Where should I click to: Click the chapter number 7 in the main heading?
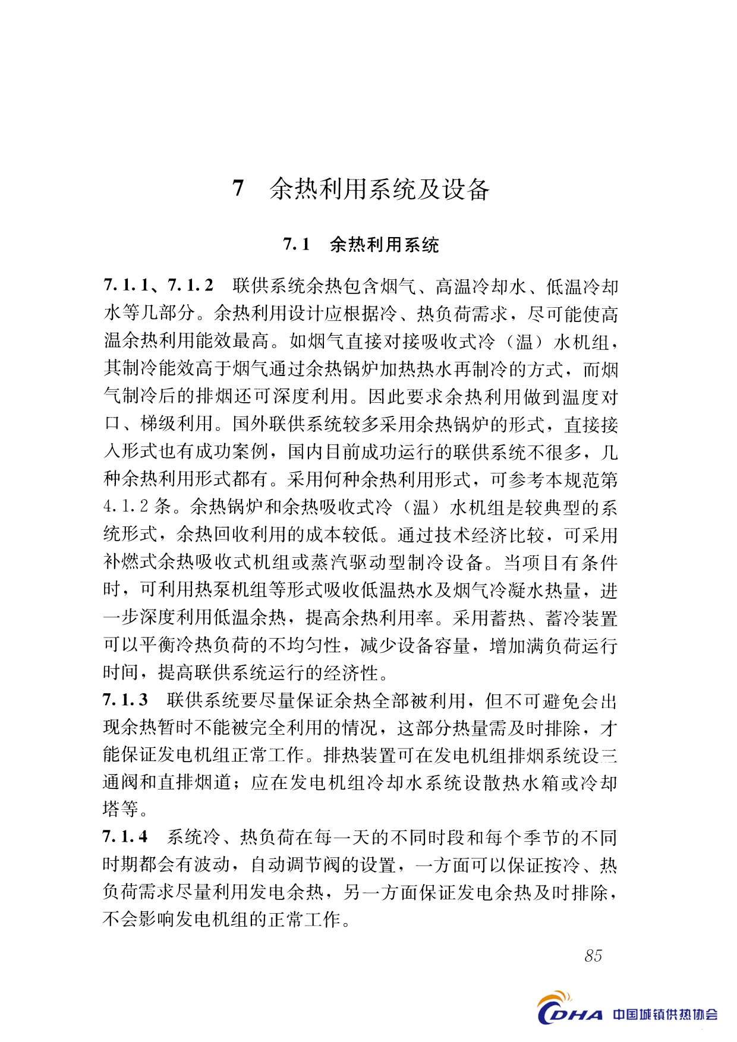[238, 188]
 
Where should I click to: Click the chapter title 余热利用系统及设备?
[379, 189]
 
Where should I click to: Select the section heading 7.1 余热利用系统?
[361, 244]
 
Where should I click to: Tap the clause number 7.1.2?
[191, 286]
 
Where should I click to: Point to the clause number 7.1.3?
[125, 700]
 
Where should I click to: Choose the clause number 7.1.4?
[125, 837]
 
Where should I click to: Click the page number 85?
[593, 956]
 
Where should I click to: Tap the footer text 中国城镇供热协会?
[665, 1014]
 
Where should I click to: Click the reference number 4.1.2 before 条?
[126, 507]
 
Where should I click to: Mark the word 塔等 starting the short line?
[121, 809]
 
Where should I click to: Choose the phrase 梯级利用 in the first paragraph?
[177, 424]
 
